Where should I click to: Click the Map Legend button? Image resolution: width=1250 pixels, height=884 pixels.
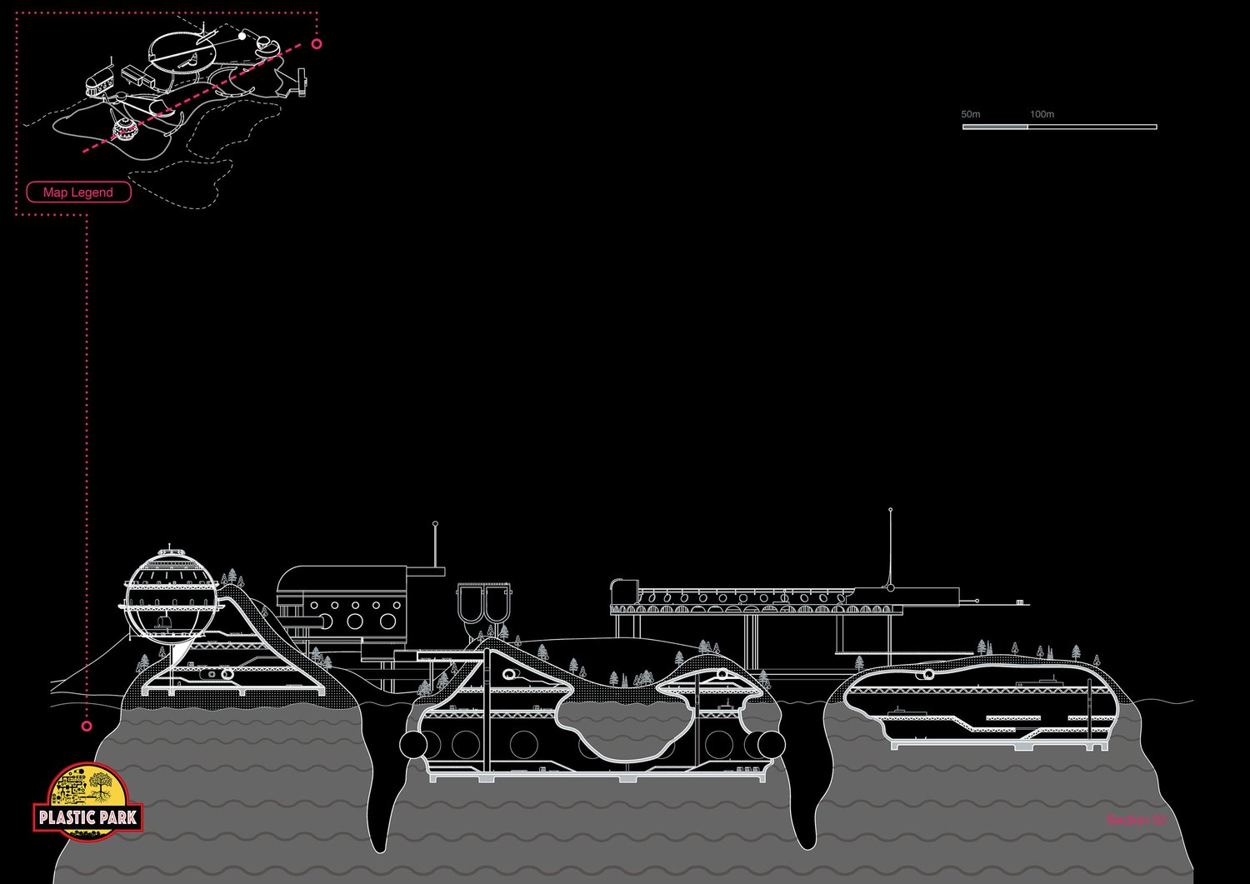(x=78, y=192)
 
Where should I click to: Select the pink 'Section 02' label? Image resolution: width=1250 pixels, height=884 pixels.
(x=1136, y=821)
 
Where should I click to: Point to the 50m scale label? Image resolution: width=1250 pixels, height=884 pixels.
(x=971, y=114)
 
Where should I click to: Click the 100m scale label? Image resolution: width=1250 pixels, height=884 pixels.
(x=1042, y=114)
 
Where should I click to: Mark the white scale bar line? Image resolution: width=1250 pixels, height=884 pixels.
(x=1059, y=127)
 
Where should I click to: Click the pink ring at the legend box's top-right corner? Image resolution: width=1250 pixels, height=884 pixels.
(x=317, y=43)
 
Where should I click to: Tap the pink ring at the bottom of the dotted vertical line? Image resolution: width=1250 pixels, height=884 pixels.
(x=87, y=727)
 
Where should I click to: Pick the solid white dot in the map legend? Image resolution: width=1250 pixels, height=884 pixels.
(x=242, y=36)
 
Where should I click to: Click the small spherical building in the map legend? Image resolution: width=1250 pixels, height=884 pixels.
(x=125, y=128)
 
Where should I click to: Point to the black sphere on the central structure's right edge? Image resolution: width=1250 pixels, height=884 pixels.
(x=771, y=745)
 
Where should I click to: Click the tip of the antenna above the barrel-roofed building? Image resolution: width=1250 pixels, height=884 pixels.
(x=435, y=523)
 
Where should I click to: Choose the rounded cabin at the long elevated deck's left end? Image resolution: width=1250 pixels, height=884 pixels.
(x=623, y=592)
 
